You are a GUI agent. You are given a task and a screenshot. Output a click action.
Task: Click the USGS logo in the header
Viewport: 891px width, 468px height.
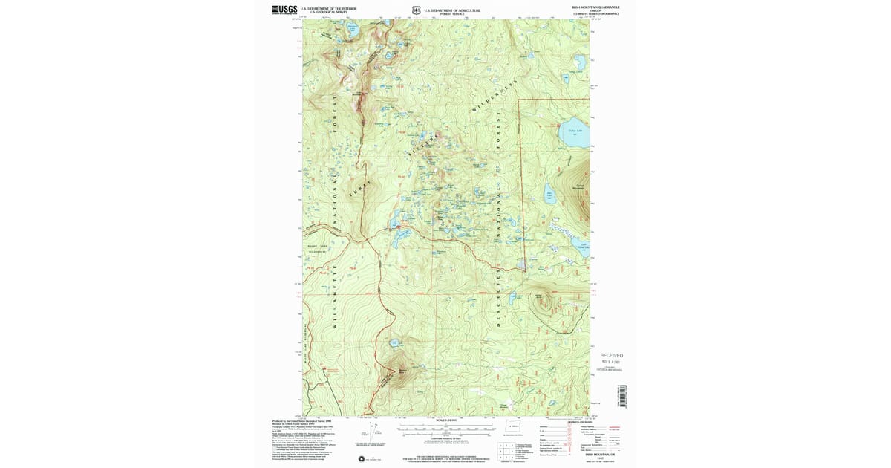pos(284,10)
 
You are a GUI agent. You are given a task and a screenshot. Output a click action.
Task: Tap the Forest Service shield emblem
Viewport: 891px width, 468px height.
pos(417,10)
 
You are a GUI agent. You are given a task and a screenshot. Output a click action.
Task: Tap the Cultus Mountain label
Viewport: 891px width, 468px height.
pos(578,187)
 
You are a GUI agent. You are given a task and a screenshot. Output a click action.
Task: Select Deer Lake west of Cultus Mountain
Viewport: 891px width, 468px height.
pos(550,195)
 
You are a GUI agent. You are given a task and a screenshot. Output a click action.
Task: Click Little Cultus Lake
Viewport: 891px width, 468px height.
pos(584,246)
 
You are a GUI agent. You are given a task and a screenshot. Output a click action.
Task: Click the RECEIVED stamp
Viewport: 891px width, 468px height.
pos(611,356)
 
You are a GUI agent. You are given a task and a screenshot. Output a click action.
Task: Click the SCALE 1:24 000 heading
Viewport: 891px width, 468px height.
pos(446,421)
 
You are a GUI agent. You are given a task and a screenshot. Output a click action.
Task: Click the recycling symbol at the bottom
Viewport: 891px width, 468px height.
pos(362,458)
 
